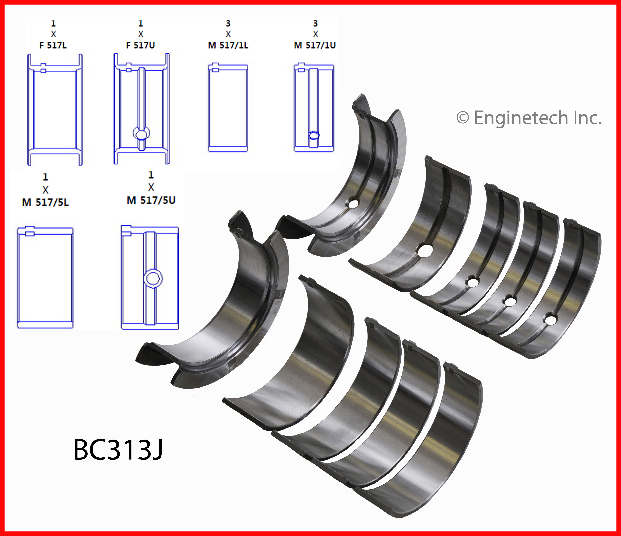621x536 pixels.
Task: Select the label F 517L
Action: click(53, 45)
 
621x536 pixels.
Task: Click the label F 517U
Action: click(141, 45)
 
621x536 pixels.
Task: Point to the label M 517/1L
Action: click(228, 45)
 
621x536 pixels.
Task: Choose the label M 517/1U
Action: click(315, 45)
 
